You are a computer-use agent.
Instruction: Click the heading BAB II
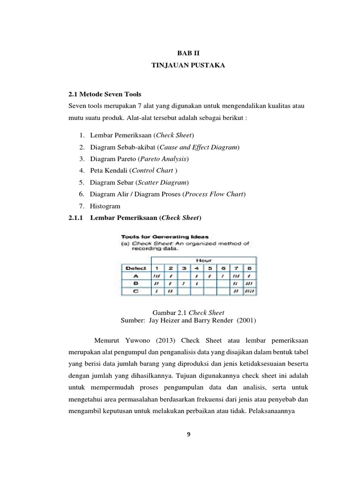pos(188,54)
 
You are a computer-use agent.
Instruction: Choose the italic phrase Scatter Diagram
pos(162,182)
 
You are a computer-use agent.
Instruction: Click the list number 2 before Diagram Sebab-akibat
pos(82,147)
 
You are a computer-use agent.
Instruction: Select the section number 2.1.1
pos(75,218)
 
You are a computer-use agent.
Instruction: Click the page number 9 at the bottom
pos(188,434)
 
